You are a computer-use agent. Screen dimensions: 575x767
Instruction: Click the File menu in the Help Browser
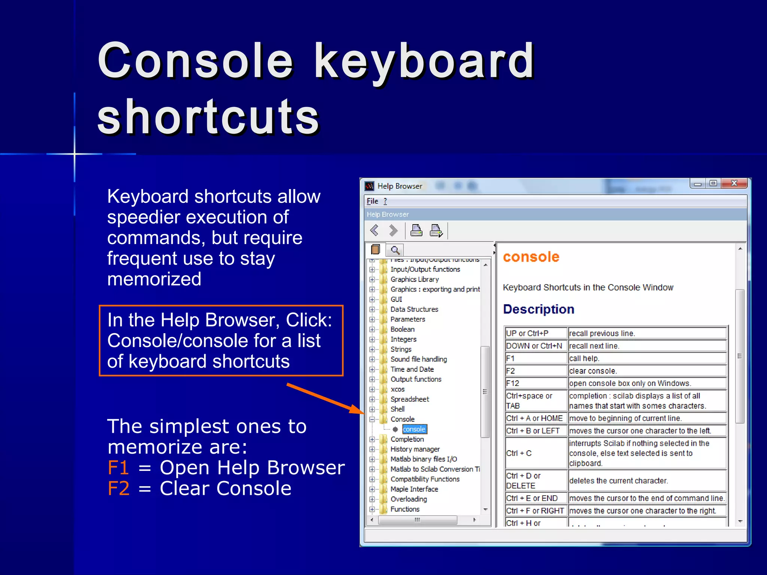coord(372,201)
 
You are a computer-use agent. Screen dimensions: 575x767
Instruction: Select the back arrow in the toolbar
coord(374,230)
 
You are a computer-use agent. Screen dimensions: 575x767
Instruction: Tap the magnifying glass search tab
coord(395,250)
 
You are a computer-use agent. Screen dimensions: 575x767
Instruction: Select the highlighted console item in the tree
coord(414,429)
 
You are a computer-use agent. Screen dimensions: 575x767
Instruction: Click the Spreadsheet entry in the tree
coord(410,399)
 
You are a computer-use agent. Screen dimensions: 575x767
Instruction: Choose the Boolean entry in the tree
coord(403,329)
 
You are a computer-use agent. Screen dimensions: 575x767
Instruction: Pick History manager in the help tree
coord(415,449)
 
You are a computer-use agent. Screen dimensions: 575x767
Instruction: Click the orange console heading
coord(531,257)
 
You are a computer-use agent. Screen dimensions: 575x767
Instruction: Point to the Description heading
coord(539,310)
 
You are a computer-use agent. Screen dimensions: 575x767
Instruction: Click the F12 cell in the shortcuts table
coord(536,383)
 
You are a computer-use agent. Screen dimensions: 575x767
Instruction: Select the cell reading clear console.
coord(647,371)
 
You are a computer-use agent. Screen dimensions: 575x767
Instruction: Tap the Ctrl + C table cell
coord(536,453)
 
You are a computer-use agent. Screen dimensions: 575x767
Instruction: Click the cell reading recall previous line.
coord(647,334)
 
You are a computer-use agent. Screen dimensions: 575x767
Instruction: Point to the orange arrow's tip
coord(363,413)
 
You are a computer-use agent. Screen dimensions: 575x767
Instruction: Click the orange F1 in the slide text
coord(118,468)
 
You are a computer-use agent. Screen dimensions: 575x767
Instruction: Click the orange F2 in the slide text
coord(118,489)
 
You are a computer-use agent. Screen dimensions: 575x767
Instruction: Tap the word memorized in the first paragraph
coord(154,279)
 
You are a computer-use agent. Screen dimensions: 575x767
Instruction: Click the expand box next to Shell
coord(372,410)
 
